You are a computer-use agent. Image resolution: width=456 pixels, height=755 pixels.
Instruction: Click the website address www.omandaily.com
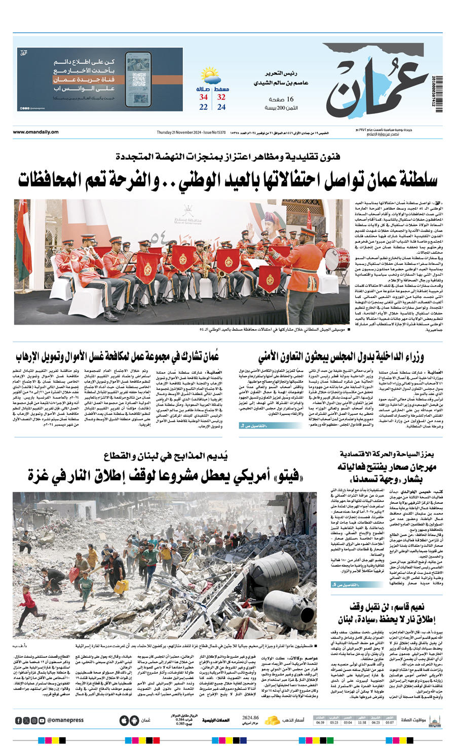click(x=35, y=133)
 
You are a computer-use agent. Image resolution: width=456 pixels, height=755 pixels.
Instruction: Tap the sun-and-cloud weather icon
click(x=212, y=78)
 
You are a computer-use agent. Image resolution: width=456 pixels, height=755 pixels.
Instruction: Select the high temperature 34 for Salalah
click(x=203, y=97)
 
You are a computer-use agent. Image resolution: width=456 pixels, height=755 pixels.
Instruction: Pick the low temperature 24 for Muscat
click(x=221, y=107)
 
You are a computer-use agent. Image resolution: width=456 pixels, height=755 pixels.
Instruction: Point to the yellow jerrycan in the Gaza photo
click(x=121, y=587)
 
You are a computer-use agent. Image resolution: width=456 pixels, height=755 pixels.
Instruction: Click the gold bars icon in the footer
click(x=273, y=720)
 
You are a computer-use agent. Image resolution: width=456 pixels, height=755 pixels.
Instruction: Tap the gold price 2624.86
click(x=250, y=718)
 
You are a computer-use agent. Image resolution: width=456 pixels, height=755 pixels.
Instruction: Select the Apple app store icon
click(x=124, y=720)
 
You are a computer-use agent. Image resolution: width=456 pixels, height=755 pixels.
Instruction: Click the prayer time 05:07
click(x=389, y=723)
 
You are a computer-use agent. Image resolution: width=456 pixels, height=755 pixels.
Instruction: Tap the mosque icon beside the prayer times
click(x=434, y=720)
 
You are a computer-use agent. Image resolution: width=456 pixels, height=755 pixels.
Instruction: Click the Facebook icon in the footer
click(x=19, y=720)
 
